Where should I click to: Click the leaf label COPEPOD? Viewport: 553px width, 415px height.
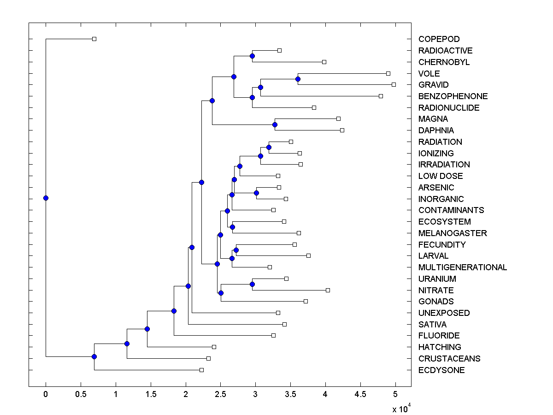pos(439,39)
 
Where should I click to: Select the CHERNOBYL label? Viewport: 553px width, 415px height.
pos(444,62)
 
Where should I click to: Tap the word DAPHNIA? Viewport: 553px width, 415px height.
pos(436,130)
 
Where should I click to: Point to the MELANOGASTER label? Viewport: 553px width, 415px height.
pos(453,233)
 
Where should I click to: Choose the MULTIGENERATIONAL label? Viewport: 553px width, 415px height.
pos(463,267)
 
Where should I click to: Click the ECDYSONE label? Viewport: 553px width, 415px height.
pos(441,370)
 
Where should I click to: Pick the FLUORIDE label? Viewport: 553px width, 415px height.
pos(439,336)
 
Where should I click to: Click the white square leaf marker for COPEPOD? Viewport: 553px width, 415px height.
pos(94,39)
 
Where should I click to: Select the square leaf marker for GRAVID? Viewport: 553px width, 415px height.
pos(394,84)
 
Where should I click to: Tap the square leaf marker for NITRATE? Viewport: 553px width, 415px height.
pos(328,290)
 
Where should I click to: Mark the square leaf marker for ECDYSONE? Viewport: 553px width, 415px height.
pos(201,370)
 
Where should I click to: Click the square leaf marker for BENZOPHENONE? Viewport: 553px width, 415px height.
pos(381,96)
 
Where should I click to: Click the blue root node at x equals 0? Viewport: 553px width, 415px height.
pos(46,198)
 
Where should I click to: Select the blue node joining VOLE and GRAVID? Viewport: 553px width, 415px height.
pos(298,79)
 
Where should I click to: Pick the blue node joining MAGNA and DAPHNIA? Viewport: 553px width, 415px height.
pos(275,125)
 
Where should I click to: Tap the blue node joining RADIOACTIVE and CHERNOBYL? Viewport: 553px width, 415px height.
pos(252,56)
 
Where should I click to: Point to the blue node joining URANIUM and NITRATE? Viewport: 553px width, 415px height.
pos(252,284)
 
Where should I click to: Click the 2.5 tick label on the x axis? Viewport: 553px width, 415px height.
pos(221,394)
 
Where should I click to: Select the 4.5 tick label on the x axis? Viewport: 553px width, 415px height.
pos(360,394)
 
